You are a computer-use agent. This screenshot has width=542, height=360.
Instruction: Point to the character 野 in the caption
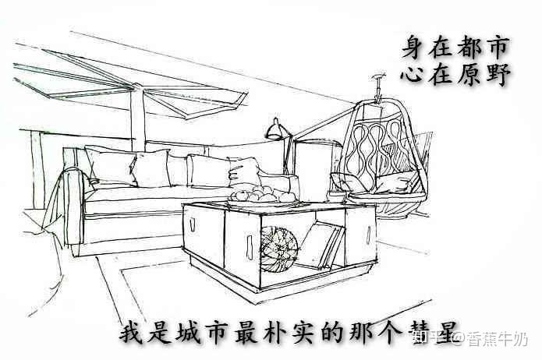[x=496, y=76]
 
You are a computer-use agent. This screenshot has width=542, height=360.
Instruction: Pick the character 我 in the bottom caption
[x=132, y=333]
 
